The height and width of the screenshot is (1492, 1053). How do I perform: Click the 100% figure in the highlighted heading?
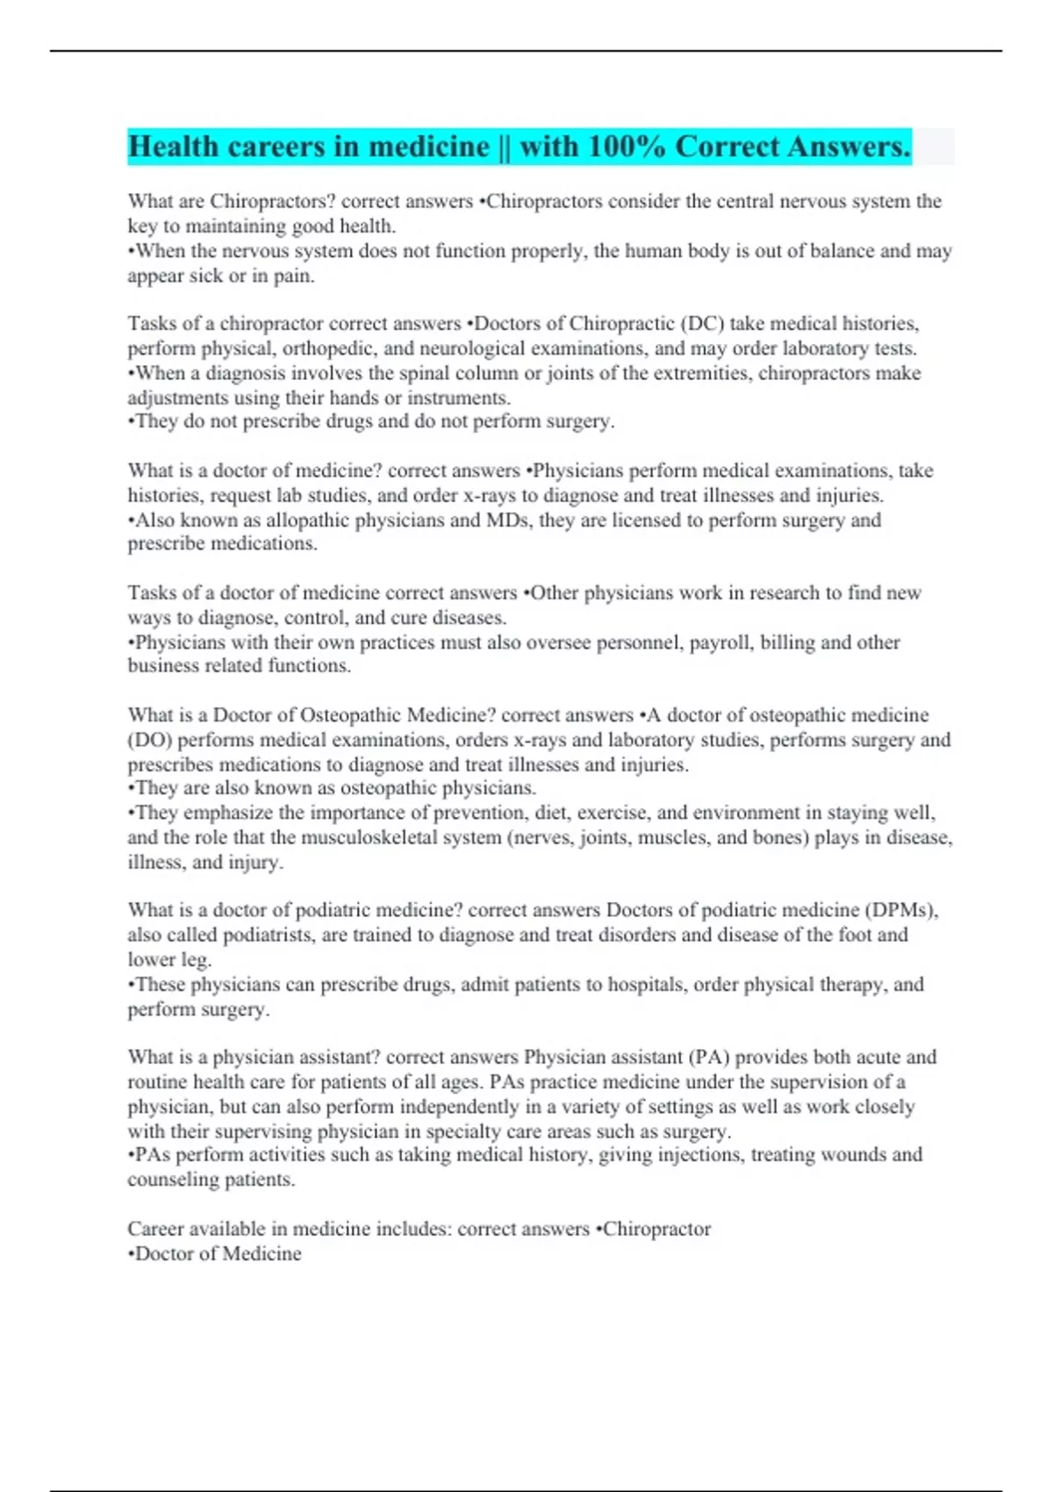[627, 147]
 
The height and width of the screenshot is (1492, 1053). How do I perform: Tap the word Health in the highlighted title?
[174, 147]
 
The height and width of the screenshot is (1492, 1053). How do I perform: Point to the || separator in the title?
[504, 147]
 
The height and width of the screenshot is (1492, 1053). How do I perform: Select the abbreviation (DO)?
[149, 740]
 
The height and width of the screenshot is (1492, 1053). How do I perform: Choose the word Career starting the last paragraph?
[155, 1229]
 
